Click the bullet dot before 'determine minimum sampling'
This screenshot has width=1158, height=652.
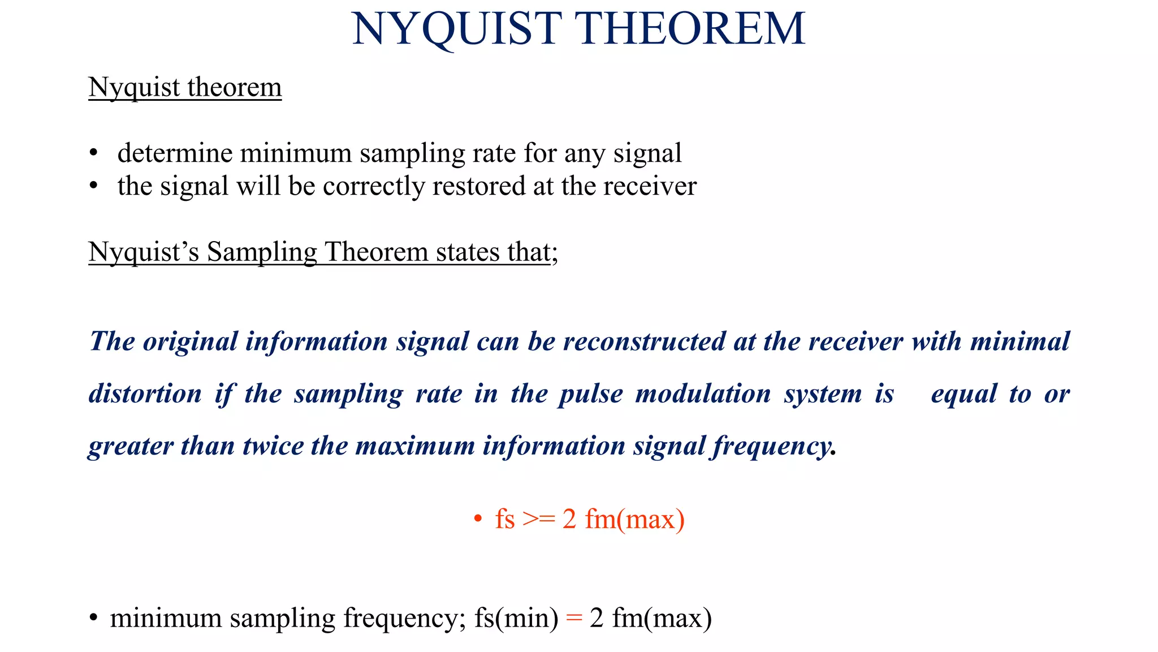coord(94,154)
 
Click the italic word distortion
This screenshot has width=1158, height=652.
coord(145,394)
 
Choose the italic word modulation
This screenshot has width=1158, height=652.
coord(703,394)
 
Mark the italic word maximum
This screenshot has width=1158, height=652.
coord(415,446)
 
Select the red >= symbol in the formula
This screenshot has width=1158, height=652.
coord(538,520)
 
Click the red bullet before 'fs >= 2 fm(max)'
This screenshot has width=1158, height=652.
coord(478,518)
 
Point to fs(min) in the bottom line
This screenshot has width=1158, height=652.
coord(516,618)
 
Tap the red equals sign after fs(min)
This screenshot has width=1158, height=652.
coord(574,618)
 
